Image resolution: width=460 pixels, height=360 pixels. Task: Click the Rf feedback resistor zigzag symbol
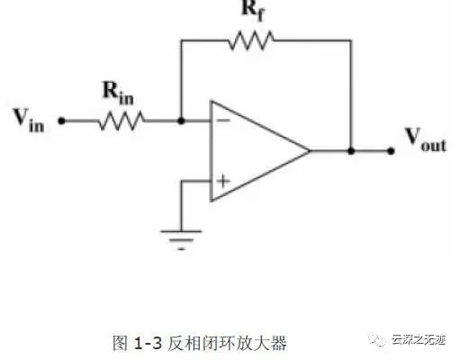[251, 40]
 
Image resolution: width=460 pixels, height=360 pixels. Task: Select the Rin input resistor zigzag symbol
[122, 121]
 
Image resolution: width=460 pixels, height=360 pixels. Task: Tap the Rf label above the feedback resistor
[254, 12]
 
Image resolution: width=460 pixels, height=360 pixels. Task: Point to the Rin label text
[118, 93]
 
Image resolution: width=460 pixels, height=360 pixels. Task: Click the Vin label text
[29, 121]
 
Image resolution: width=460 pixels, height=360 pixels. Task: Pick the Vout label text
[426, 139]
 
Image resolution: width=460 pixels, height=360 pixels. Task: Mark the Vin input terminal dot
[61, 121]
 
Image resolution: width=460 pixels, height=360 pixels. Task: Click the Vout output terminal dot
[391, 151]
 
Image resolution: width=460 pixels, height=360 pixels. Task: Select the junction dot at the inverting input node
[181, 121]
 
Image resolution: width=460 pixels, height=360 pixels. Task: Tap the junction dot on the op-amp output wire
[351, 151]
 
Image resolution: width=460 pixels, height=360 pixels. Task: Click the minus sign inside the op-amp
[223, 121]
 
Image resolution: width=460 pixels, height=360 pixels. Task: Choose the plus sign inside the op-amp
[223, 181]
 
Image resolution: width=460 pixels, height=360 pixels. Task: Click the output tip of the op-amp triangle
[310, 150]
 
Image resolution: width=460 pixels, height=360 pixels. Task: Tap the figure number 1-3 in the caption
[148, 343]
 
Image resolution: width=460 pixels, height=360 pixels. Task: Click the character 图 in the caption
[121, 343]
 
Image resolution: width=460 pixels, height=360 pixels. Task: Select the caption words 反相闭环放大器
[227, 343]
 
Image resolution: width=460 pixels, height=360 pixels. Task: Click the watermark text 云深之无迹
[419, 340]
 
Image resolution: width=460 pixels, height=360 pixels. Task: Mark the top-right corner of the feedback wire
[351, 40]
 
